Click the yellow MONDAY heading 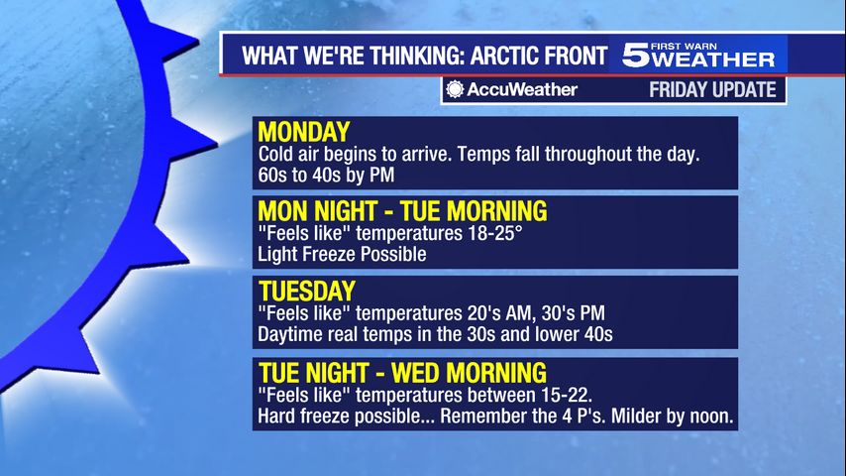[x=304, y=132]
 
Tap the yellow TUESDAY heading [x=307, y=292]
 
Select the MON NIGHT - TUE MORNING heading [x=402, y=210]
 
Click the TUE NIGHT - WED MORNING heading [x=402, y=373]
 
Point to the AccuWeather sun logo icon [x=455, y=89]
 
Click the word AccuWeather [x=522, y=89]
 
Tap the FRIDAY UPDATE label [x=712, y=89]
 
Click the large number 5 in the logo [x=636, y=56]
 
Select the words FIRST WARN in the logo [x=685, y=47]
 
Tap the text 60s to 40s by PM [x=326, y=176]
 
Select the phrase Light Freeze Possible [x=342, y=254]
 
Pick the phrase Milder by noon [x=673, y=416]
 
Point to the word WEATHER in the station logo [x=713, y=59]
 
